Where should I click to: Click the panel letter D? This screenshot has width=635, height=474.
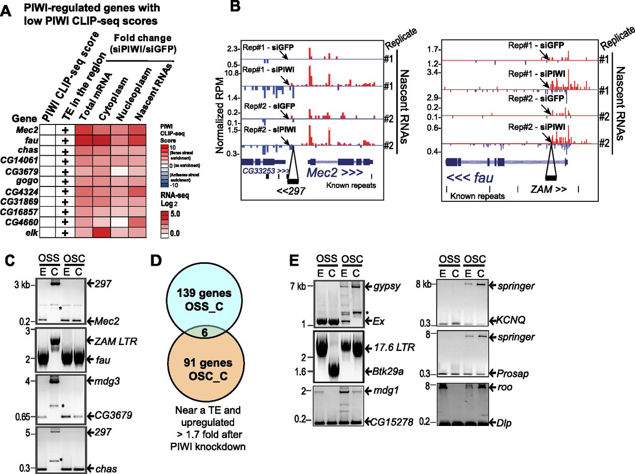tap(155, 261)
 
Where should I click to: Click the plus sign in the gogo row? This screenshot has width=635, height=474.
tap(64, 181)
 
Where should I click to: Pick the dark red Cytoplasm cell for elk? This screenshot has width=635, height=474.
tap(101, 232)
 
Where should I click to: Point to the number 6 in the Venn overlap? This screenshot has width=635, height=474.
tap(204, 333)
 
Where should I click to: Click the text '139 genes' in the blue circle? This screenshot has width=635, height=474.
tap(204, 293)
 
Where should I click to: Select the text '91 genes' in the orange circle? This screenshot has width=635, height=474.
tap(204, 363)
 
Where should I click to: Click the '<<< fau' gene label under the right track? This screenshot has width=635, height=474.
tap(470, 177)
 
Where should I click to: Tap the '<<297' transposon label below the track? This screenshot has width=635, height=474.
tap(291, 190)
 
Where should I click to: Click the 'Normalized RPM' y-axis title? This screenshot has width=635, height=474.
tap(221, 115)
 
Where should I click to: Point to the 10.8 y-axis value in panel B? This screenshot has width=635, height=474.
tap(232, 73)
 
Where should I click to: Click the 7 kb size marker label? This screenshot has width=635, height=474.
tap(299, 287)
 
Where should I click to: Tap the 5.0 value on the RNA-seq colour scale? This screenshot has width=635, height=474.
tap(175, 214)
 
